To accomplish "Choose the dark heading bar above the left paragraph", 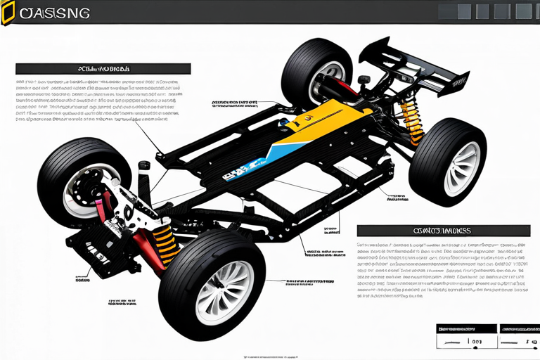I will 103,69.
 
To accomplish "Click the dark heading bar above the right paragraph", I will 443,230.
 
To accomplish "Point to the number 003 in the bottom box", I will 476,343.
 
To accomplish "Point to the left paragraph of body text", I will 98,100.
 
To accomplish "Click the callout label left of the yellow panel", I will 233,105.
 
